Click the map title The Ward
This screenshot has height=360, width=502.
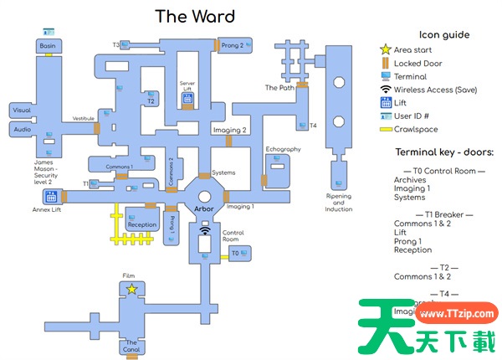pyautogui.click(x=195, y=16)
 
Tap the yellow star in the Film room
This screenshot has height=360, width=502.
pyautogui.click(x=131, y=289)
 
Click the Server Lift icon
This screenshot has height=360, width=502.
pyautogui.click(x=188, y=99)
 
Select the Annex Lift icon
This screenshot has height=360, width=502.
pyautogui.click(x=51, y=198)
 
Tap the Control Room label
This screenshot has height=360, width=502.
pyautogui.click(x=233, y=236)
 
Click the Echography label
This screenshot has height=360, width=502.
pyautogui.click(x=283, y=149)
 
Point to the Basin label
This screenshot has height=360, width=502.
pyautogui.click(x=47, y=46)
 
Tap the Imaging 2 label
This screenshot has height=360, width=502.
pyautogui.click(x=231, y=131)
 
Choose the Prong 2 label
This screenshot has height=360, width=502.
pyautogui.click(x=232, y=45)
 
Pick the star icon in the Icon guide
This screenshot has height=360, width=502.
pyautogui.click(x=385, y=50)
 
